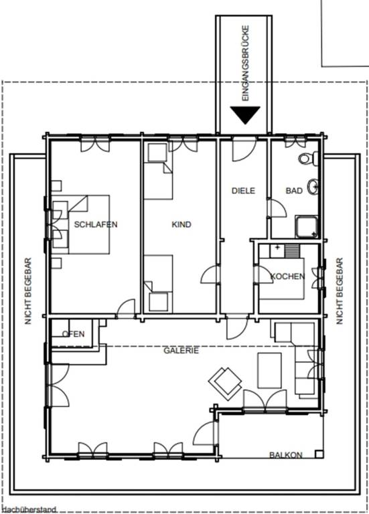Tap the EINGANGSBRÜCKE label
245,63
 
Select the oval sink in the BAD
313,187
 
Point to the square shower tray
307,226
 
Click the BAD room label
294,191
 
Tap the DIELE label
243,191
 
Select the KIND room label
181,225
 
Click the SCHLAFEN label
96,225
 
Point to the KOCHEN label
287,276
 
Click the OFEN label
74,334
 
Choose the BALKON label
286,454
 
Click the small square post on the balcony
319,454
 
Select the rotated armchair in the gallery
225,383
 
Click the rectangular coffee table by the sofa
269,370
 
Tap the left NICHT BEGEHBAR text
28,291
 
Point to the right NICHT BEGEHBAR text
339,291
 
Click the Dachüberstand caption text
29,510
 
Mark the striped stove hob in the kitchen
292,251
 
